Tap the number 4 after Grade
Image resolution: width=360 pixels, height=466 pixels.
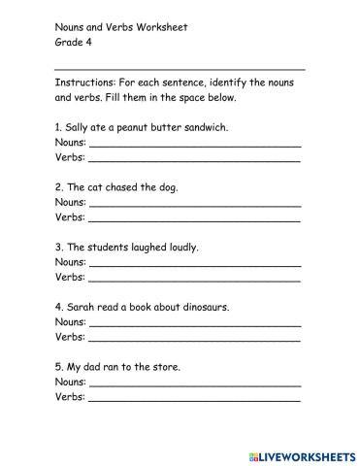pyautogui.click(x=87, y=43)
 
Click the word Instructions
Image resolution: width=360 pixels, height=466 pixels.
pyautogui.click(x=84, y=83)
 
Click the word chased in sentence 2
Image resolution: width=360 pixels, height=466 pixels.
pyautogui.click(x=127, y=186)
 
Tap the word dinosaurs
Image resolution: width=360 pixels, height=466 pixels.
pyautogui.click(x=204, y=307)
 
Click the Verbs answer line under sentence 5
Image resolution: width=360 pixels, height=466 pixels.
pyautogui.click(x=194, y=398)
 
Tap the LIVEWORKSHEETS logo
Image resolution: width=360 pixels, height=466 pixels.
pyautogui.click(x=302, y=454)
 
